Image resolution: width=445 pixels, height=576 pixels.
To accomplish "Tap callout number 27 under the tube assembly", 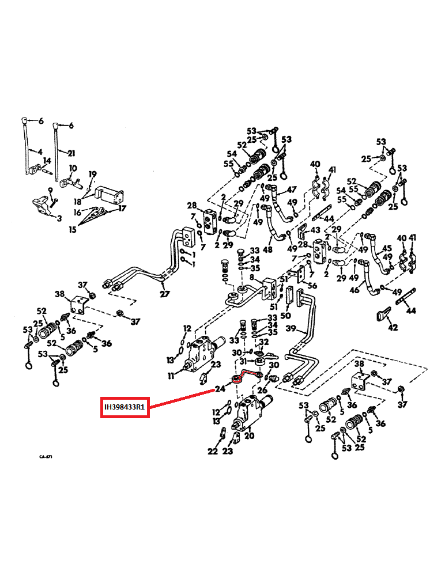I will (x=165, y=294).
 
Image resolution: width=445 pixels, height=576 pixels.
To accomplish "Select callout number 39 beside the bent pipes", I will (x=291, y=328).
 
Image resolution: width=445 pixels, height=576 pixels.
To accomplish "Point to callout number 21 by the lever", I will (x=71, y=153).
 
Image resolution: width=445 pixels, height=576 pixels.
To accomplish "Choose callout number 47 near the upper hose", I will (x=292, y=190).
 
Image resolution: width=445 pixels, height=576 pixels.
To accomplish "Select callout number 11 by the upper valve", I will (x=171, y=376).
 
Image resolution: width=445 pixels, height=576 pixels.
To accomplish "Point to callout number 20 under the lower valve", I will (x=249, y=436).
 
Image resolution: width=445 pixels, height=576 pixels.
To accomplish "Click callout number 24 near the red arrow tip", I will (x=220, y=389).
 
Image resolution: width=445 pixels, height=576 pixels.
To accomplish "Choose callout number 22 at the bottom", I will (x=213, y=452).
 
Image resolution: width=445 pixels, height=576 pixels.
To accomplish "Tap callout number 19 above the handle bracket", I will (x=92, y=174).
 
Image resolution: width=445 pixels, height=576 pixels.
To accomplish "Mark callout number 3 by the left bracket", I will (x=59, y=218).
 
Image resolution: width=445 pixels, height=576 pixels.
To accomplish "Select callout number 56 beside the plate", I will (x=312, y=285).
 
